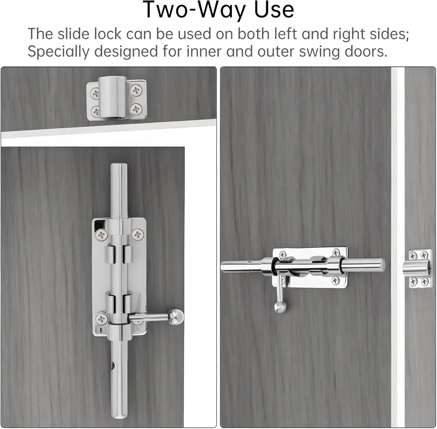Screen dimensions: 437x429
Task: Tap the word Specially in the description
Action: pyautogui.click(x=58, y=52)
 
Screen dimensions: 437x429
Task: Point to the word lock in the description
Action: pyautogui.click(x=108, y=34)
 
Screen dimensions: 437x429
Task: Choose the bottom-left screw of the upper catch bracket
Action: pyautogui.click(x=96, y=111)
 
